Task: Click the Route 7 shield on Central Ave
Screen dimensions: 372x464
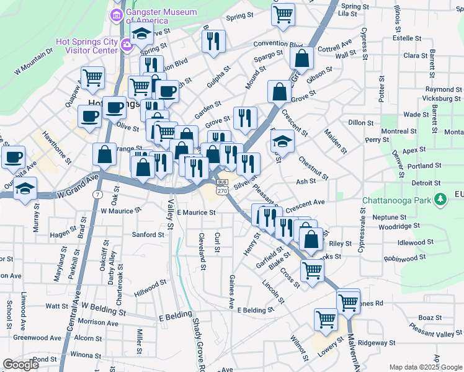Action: [99, 195]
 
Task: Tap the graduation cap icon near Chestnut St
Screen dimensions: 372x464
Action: [282, 142]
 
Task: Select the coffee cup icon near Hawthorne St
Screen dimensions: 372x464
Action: [14, 157]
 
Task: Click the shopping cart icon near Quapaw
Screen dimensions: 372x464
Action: [92, 78]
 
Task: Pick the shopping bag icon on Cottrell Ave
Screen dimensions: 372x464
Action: [301, 59]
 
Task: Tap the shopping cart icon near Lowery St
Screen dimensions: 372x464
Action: [325, 320]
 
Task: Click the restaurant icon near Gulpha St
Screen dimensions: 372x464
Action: [213, 42]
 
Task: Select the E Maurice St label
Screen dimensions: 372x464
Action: [196, 213]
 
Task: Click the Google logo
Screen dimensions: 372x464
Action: [20, 365]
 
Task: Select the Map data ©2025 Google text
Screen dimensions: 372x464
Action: [426, 367]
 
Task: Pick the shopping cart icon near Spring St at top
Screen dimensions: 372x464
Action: [283, 14]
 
